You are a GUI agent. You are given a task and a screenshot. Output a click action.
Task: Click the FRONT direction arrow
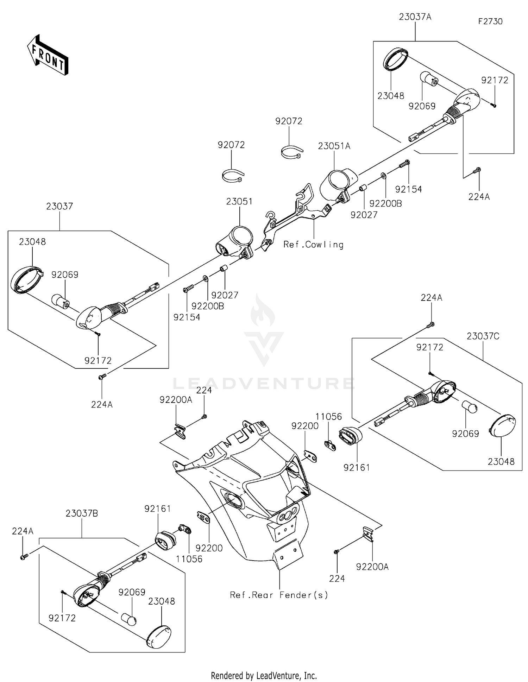coord(48,55)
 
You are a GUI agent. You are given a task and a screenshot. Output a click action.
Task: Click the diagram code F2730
coord(490,21)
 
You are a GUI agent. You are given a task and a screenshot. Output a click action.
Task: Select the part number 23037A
coord(415,17)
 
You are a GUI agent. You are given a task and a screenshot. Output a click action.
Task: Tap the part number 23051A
coord(334,146)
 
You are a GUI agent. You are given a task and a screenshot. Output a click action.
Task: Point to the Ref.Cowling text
coord(313,245)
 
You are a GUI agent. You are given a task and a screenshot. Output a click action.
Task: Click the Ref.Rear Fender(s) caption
coord(279,595)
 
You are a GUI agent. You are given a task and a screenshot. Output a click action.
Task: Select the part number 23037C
coord(483,336)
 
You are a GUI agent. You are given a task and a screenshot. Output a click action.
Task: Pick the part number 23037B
coord(82,513)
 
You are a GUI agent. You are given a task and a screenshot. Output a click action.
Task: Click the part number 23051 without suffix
coord(239,202)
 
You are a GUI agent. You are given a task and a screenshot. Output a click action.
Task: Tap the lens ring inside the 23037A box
coord(395,59)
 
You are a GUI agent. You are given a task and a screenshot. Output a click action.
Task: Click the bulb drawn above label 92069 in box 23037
coord(61,301)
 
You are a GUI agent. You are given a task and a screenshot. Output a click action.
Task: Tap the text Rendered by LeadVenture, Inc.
coord(264,676)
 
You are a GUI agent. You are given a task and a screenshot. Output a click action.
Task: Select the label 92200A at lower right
coord(372,567)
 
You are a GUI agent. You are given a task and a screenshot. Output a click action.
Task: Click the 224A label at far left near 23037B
coord(23,531)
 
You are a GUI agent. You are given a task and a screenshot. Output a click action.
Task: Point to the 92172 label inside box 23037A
coord(495,80)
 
